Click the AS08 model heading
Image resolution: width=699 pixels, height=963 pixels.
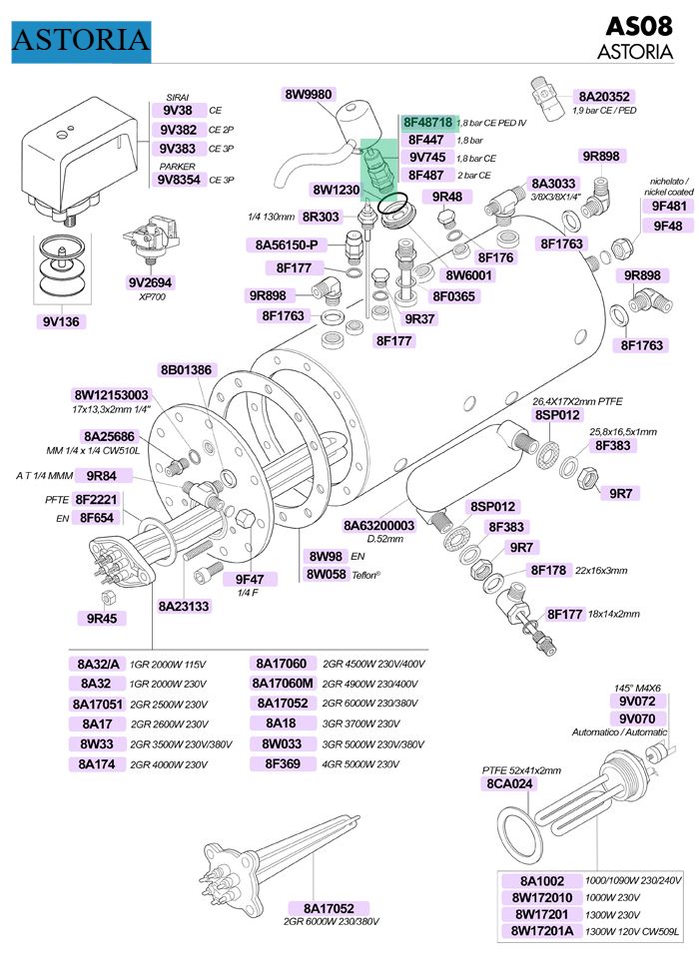click(x=641, y=27)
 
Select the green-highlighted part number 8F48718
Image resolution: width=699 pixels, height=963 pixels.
click(x=428, y=123)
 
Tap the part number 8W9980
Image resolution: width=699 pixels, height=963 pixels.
click(x=309, y=95)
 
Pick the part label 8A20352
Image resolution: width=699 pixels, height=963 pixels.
click(x=604, y=97)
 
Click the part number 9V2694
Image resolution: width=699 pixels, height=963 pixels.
click(x=151, y=282)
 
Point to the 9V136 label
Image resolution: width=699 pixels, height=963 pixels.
click(x=62, y=321)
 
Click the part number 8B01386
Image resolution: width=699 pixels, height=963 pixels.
click(x=186, y=370)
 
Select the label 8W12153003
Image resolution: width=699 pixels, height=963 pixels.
click(x=111, y=395)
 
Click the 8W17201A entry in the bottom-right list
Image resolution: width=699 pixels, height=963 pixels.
click(x=547, y=931)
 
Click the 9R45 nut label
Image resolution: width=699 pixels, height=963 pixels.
click(x=102, y=618)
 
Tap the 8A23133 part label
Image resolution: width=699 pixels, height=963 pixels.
click(x=184, y=606)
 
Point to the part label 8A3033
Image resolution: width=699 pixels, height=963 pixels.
click(x=553, y=184)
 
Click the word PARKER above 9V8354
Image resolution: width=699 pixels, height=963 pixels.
click(x=177, y=167)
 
